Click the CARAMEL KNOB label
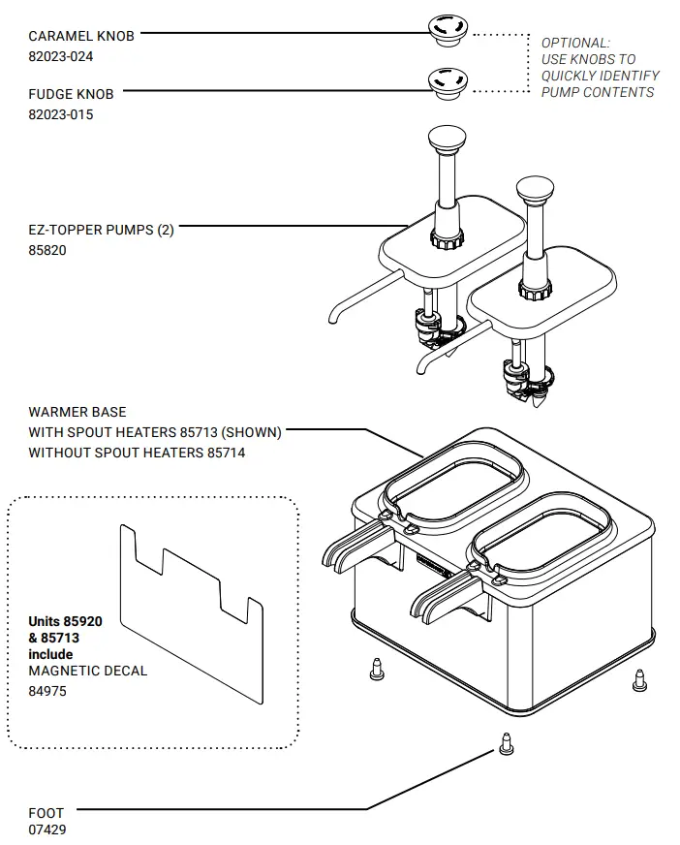point(81,36)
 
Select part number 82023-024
point(61,56)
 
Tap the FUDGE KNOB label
point(71,94)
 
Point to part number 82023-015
point(61,114)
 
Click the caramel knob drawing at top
point(447,30)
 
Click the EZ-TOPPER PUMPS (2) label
point(101,231)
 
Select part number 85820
point(47,250)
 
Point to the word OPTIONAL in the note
point(574,43)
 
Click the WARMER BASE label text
point(77,412)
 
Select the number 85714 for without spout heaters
point(226,453)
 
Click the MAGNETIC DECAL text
point(88,671)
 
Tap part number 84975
point(47,692)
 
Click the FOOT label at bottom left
point(46,812)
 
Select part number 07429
point(47,829)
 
